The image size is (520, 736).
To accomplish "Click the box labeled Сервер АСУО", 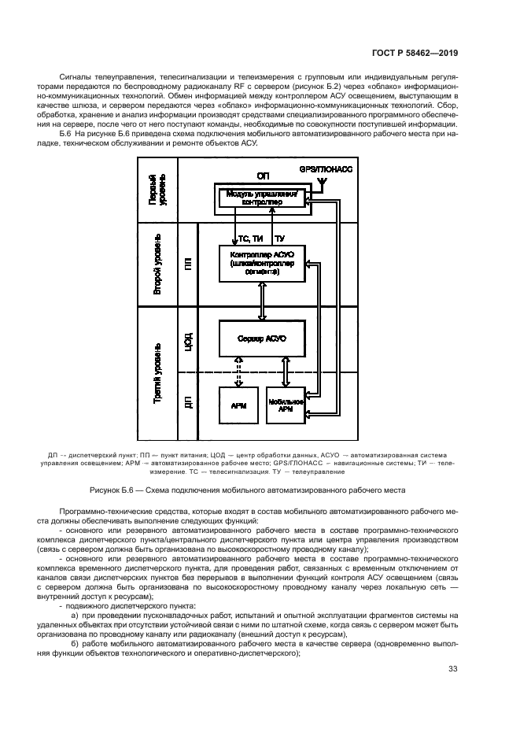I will (260, 338).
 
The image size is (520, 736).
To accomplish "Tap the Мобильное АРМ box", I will (286, 406).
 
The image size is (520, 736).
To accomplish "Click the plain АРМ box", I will (239, 406).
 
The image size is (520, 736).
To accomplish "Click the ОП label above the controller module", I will (263, 176).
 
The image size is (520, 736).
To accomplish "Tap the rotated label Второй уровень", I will (158, 265).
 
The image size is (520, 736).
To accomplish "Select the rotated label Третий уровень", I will (158, 374).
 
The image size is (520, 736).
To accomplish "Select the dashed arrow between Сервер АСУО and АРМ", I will (239, 372).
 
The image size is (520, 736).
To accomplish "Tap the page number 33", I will (452, 670).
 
